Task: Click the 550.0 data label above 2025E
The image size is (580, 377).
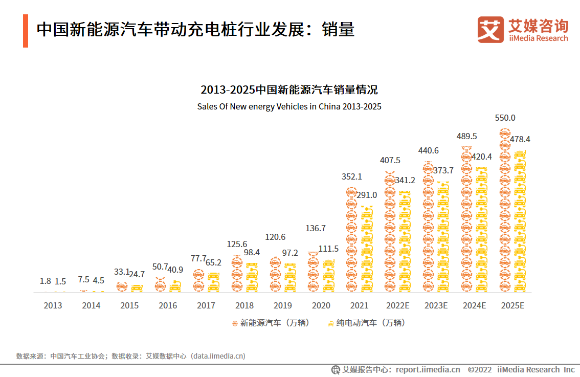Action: tap(505, 118)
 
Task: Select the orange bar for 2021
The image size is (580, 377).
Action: tap(351, 240)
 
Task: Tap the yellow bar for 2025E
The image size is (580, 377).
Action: tap(520, 223)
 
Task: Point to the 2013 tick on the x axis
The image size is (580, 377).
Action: tap(53, 305)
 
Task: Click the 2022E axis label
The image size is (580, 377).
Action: tap(397, 305)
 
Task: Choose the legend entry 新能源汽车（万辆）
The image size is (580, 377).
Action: tap(271, 323)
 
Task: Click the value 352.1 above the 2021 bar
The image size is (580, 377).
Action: tap(351, 177)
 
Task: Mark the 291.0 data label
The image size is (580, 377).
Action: tap(367, 195)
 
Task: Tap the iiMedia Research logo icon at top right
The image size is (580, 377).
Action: tap(490, 29)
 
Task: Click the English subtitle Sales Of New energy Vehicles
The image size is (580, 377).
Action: tap(289, 107)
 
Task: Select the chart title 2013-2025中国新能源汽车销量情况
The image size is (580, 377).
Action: tap(289, 90)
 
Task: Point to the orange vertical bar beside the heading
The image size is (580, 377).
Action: tap(26, 31)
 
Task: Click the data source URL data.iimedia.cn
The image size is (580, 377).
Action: tap(218, 356)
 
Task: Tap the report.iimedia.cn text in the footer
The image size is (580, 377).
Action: tap(428, 369)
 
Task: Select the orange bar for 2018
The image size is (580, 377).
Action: tap(236, 275)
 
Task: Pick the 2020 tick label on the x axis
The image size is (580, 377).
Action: tap(321, 305)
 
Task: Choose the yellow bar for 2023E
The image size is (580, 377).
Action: tap(443, 238)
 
